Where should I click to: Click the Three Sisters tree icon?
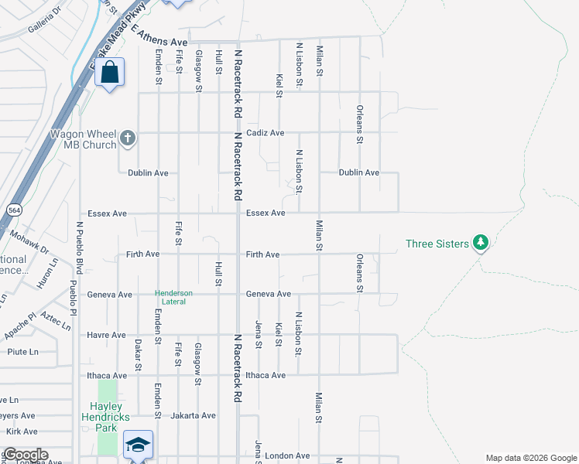click(x=481, y=244)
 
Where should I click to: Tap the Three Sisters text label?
click(x=437, y=244)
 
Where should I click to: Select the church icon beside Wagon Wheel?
click(x=128, y=140)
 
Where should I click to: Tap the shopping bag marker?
click(x=111, y=73)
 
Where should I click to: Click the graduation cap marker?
click(x=138, y=445)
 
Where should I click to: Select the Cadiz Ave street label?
click(x=266, y=133)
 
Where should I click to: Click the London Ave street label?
click(x=287, y=456)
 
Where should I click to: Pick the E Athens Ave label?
click(x=159, y=36)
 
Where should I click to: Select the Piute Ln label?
click(x=22, y=352)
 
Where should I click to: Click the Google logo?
click(x=25, y=455)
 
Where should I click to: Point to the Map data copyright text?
click(x=530, y=458)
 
